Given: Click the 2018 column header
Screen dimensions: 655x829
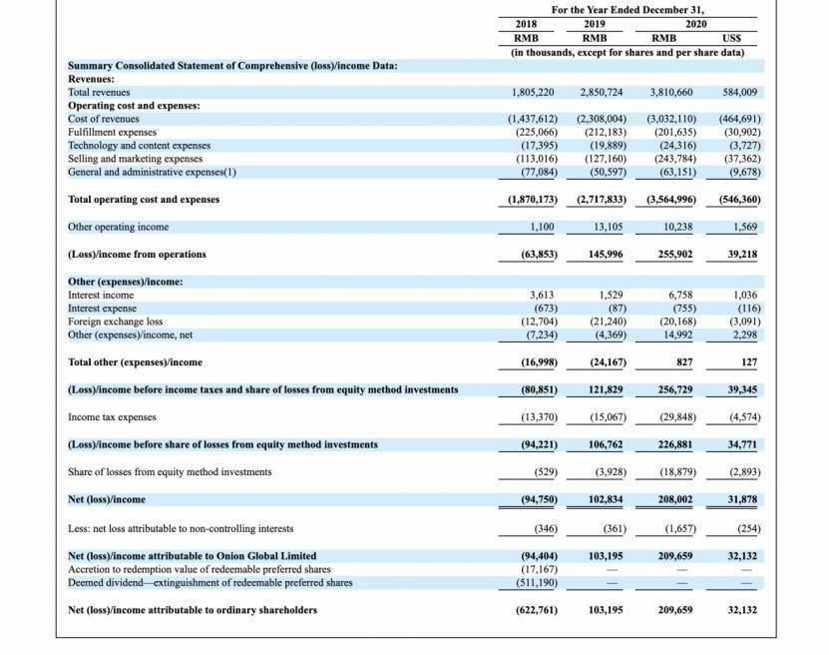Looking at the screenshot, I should click(x=526, y=23).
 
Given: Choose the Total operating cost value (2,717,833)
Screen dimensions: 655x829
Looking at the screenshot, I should click(x=601, y=200).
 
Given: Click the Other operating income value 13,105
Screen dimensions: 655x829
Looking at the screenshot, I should click(x=607, y=227).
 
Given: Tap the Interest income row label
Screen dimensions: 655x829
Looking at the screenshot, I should click(x=101, y=296).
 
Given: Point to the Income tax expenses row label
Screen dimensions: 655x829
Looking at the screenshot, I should click(x=112, y=417).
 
